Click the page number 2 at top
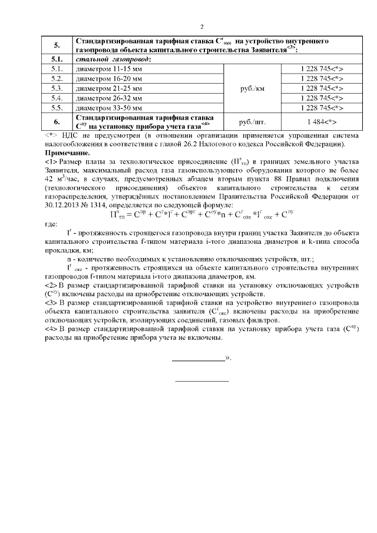point(202,27)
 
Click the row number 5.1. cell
point(57,59)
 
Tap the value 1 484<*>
point(320,121)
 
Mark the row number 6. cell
point(57,121)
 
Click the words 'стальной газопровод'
point(112,59)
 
